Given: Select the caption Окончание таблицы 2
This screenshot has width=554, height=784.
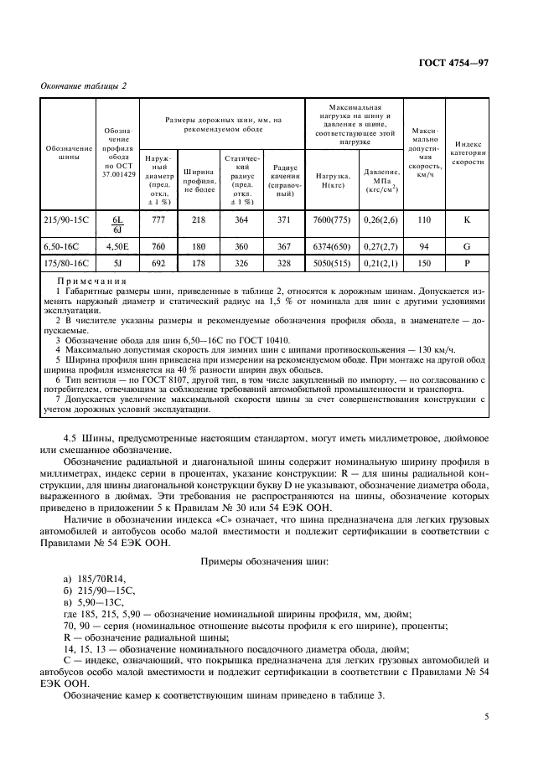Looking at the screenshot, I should (x=84, y=86).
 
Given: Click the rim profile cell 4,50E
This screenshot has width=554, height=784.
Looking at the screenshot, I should (x=116, y=247).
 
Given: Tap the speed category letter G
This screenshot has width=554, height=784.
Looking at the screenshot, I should (x=468, y=247).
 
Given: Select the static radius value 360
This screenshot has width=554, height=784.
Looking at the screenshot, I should (x=241, y=247).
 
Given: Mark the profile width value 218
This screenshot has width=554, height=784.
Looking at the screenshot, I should (x=199, y=219).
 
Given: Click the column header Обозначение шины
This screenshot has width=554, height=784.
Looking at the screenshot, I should (x=69, y=152).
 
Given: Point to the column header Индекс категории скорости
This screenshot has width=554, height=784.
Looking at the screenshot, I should (x=468, y=152).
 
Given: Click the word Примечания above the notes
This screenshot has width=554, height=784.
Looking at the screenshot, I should (x=91, y=281).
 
